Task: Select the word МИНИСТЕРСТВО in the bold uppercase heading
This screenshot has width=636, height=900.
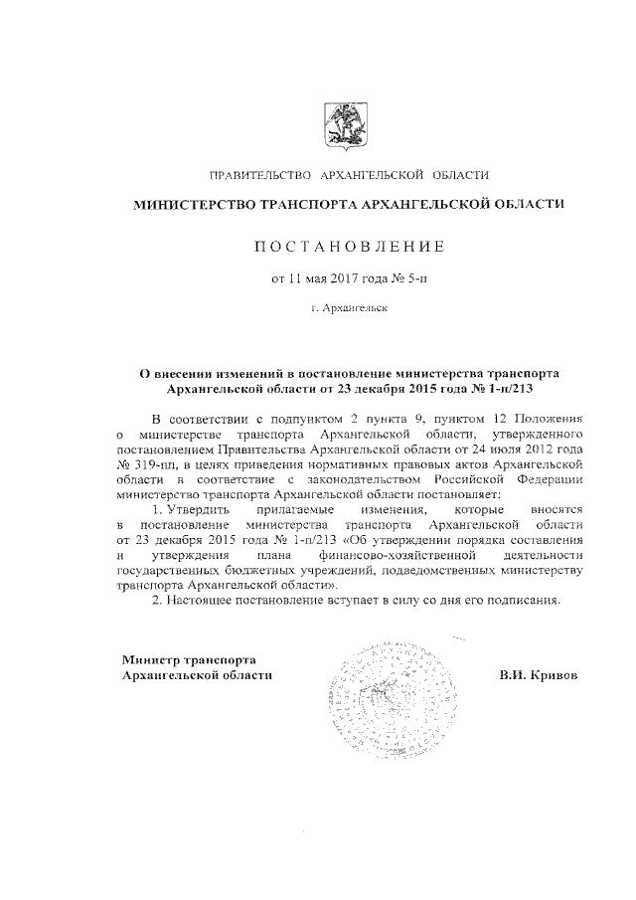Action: [x=195, y=205]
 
